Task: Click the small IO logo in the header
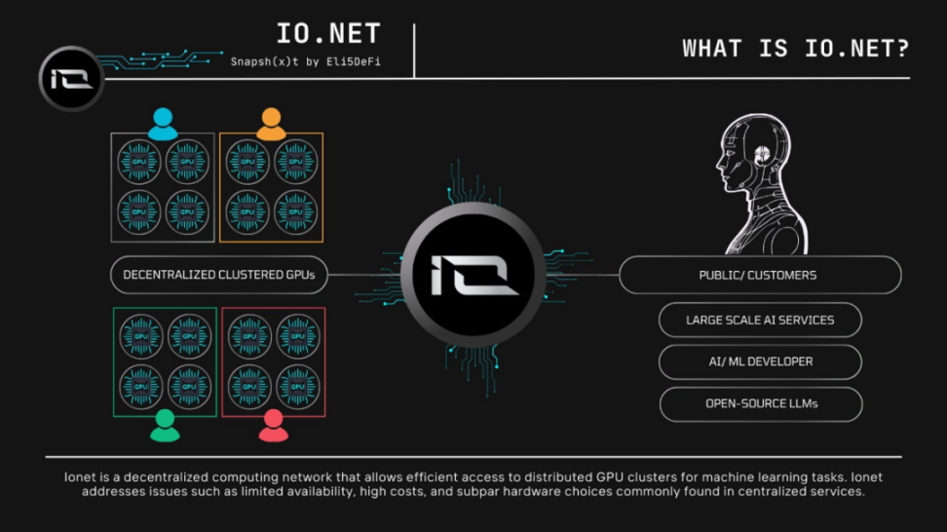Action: pos(71,78)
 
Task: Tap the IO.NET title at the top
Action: pos(327,35)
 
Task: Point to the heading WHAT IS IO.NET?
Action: pos(795,49)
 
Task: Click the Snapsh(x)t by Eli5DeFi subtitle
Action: pos(304,61)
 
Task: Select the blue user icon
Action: pos(163,124)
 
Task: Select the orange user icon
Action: pos(271,124)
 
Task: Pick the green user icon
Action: pos(165,425)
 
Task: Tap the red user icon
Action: pos(273,425)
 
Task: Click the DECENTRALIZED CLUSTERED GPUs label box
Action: pos(219,275)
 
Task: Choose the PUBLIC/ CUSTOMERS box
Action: pos(759,275)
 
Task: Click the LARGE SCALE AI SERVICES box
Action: pos(760,320)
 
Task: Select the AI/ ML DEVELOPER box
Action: pos(760,361)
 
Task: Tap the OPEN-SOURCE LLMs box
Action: pos(760,403)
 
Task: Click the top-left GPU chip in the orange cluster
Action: pos(247,161)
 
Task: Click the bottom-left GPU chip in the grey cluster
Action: pos(139,210)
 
